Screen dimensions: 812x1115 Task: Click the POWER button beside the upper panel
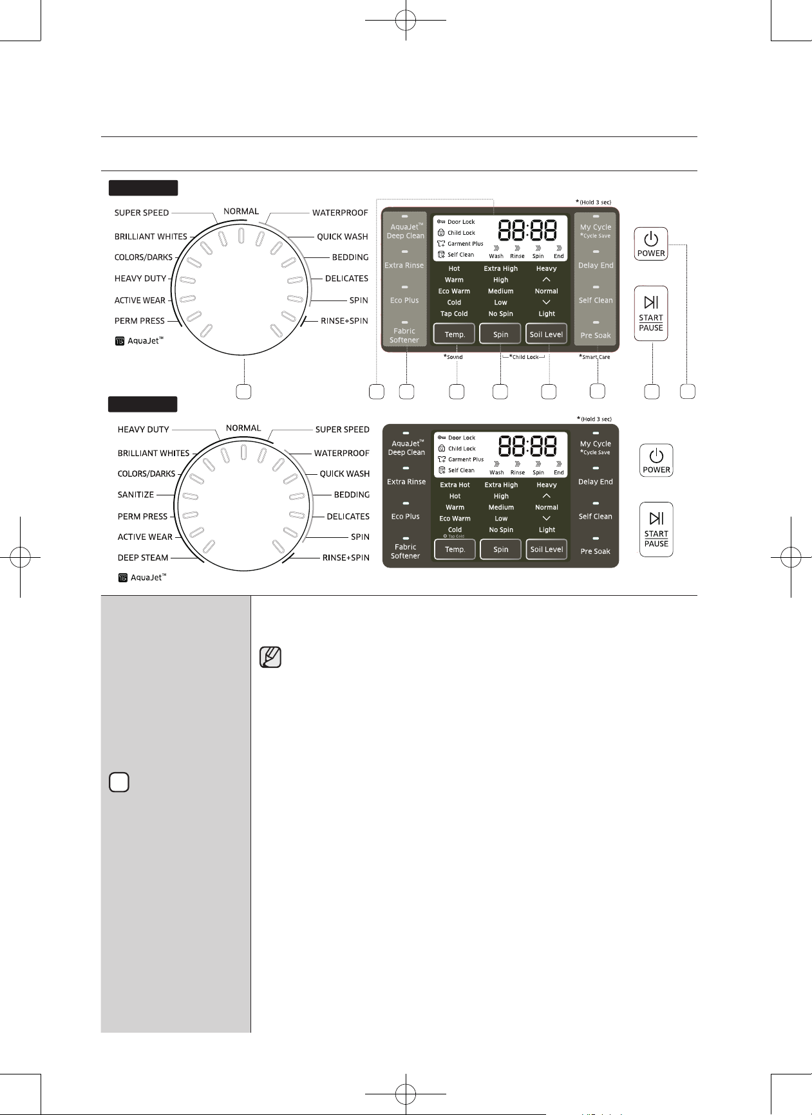(x=650, y=244)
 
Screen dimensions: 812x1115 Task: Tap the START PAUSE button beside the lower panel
(x=656, y=530)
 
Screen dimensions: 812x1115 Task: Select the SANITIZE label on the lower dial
(x=136, y=495)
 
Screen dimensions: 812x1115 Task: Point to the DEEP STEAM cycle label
(x=143, y=558)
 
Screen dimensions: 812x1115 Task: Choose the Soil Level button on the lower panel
(x=547, y=549)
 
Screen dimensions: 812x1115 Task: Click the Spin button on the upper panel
(x=500, y=334)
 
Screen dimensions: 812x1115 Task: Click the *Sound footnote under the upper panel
(x=453, y=357)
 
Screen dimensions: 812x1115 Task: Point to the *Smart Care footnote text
(x=594, y=357)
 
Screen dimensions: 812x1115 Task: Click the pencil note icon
(x=270, y=657)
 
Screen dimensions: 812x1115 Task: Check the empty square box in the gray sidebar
(x=119, y=782)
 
